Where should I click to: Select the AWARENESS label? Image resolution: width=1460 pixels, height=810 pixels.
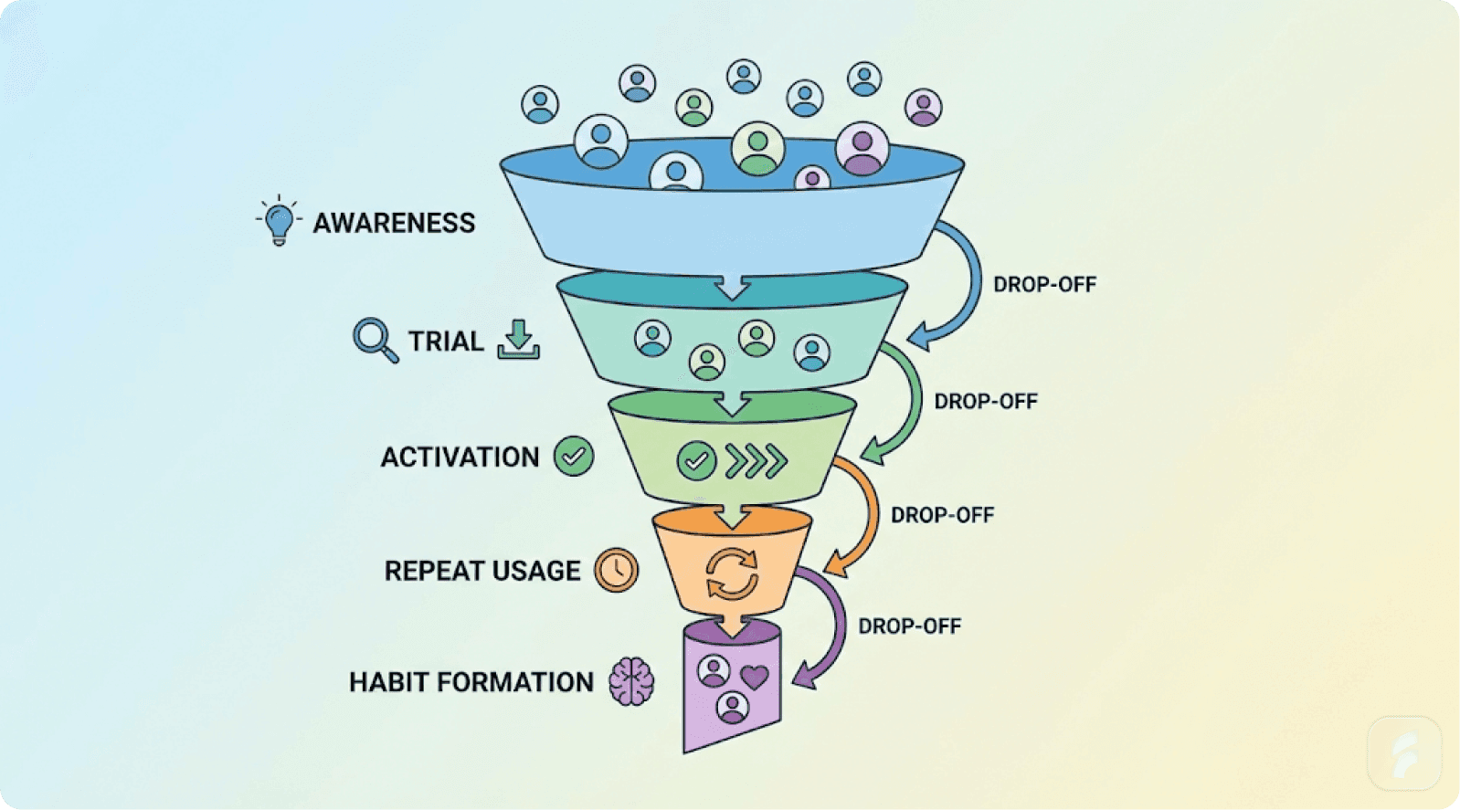tap(394, 223)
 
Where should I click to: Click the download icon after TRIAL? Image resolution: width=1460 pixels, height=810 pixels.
tap(518, 340)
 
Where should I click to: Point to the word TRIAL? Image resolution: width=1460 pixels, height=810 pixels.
tap(445, 342)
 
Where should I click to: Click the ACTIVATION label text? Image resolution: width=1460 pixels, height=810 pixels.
tap(460, 457)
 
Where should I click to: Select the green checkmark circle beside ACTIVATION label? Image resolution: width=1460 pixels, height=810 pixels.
tap(574, 456)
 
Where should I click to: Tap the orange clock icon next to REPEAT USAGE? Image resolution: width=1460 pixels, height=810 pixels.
tap(617, 570)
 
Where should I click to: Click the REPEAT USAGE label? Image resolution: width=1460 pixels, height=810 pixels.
tap(481, 571)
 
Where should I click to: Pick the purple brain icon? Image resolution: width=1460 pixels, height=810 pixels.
tap(632, 681)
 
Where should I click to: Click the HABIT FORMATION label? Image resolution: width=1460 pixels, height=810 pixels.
tap(471, 682)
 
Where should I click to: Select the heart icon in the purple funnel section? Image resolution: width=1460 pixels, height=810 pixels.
tap(754, 678)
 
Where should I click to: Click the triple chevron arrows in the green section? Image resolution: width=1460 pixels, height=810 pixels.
tap(756, 461)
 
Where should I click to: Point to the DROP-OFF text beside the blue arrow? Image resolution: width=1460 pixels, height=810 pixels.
tap(1044, 284)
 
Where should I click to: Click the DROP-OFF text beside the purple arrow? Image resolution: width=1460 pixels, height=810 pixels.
tap(909, 626)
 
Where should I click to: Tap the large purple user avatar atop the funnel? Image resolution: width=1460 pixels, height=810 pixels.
tap(862, 149)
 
